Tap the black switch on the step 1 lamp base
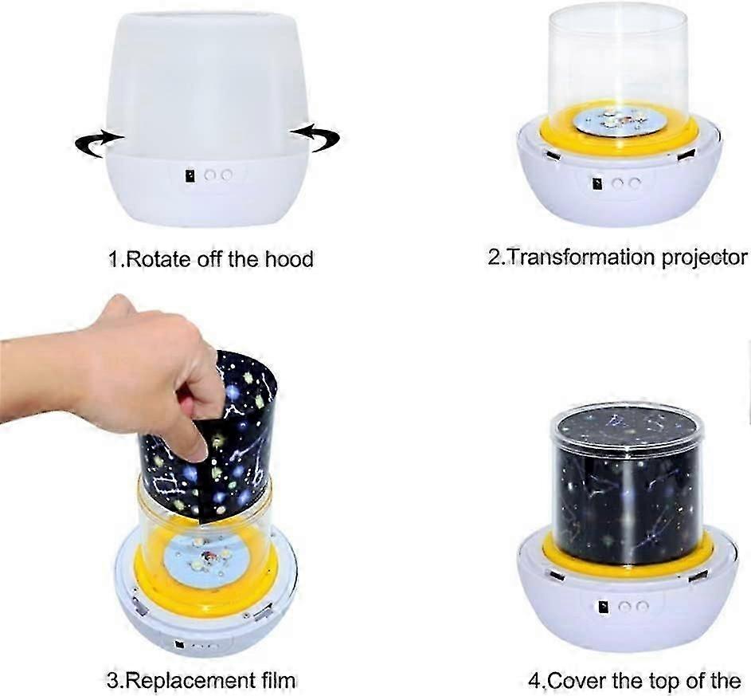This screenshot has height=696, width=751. pos(190,175)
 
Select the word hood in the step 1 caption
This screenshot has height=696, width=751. pos(287,258)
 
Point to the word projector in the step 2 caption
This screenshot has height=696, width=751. pos(704,257)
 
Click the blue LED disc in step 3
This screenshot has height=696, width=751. pos(205,562)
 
